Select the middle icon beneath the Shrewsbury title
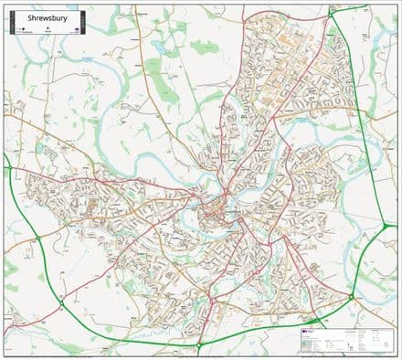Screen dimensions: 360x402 coord(47,28)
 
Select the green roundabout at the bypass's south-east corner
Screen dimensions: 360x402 coord(351,297)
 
